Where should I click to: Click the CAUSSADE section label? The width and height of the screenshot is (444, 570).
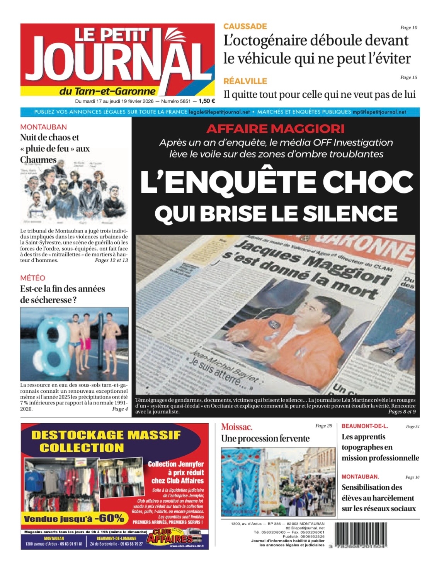pos(245,26)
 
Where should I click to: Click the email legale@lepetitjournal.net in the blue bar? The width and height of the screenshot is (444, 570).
pos(219,112)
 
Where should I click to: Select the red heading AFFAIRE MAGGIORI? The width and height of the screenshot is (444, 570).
pos(275,129)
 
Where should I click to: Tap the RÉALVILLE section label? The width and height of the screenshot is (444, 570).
pos(245,81)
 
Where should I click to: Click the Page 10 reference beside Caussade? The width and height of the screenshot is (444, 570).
pos(408,27)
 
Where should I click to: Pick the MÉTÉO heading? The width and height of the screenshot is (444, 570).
pos(32,278)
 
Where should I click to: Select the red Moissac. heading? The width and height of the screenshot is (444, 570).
pos(237,427)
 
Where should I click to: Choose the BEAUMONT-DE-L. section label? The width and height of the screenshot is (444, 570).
pos(365,426)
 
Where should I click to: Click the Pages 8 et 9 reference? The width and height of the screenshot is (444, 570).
pos(401,412)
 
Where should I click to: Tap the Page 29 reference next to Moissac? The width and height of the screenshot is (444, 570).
pos(323,426)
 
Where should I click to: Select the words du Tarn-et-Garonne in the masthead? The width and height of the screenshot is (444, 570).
pos(107,91)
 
